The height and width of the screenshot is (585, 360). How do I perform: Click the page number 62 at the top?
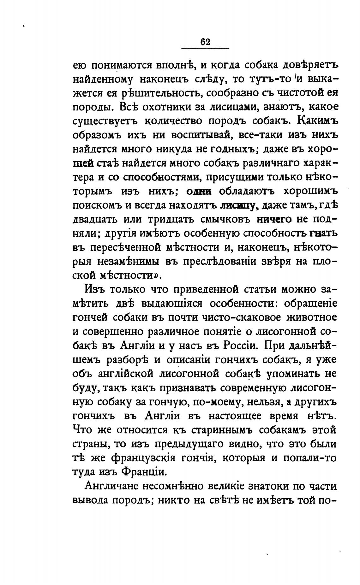pyautogui.click(x=205, y=42)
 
